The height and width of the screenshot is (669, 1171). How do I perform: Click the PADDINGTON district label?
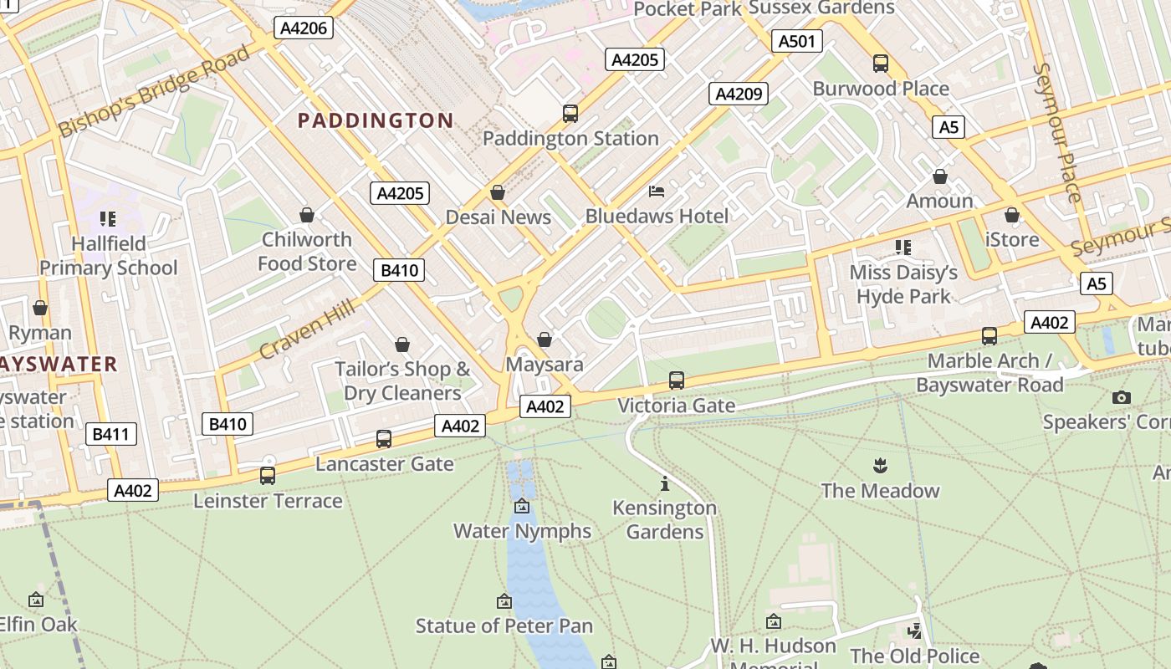point(376,120)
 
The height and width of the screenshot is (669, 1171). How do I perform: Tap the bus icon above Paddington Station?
point(570,113)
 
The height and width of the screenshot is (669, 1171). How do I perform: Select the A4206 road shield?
point(305,28)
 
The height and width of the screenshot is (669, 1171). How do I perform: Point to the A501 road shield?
point(795,41)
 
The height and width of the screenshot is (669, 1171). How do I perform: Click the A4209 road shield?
point(739,94)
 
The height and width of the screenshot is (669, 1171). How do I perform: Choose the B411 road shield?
point(110,434)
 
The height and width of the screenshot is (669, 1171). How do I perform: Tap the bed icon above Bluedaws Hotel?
point(657,192)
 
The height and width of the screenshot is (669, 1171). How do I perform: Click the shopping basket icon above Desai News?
point(498,193)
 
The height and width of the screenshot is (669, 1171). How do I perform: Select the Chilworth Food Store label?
point(307,252)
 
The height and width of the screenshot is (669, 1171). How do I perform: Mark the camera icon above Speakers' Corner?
point(1122,397)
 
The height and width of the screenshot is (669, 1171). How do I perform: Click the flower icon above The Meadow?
point(880,465)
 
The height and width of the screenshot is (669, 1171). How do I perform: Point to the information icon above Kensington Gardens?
point(665,483)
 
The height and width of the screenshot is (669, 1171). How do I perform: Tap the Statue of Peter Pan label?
point(504,626)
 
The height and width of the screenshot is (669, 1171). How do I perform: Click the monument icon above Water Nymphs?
point(522,506)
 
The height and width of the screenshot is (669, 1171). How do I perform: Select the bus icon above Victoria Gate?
point(677,380)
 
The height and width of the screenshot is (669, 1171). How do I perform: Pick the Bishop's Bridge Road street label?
point(154,92)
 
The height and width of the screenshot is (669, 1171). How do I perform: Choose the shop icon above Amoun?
point(940,176)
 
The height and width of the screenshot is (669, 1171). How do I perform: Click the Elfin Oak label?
point(38,624)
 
